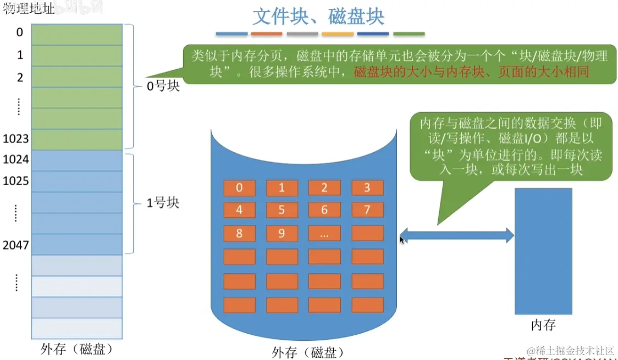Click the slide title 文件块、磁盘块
(x=318, y=16)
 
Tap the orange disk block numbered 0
(x=239, y=189)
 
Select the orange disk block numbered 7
(x=367, y=210)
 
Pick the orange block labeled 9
(x=282, y=234)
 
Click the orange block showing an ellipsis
(x=324, y=234)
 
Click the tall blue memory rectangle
(x=543, y=251)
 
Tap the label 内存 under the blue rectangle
(x=543, y=325)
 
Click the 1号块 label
(x=163, y=203)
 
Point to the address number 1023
(x=15, y=139)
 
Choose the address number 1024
(x=15, y=159)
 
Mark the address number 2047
(x=15, y=245)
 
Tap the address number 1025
(x=15, y=180)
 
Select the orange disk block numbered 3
(x=367, y=189)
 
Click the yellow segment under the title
(x=337, y=34)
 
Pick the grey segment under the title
(x=302, y=34)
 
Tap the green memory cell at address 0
(x=76, y=34)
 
